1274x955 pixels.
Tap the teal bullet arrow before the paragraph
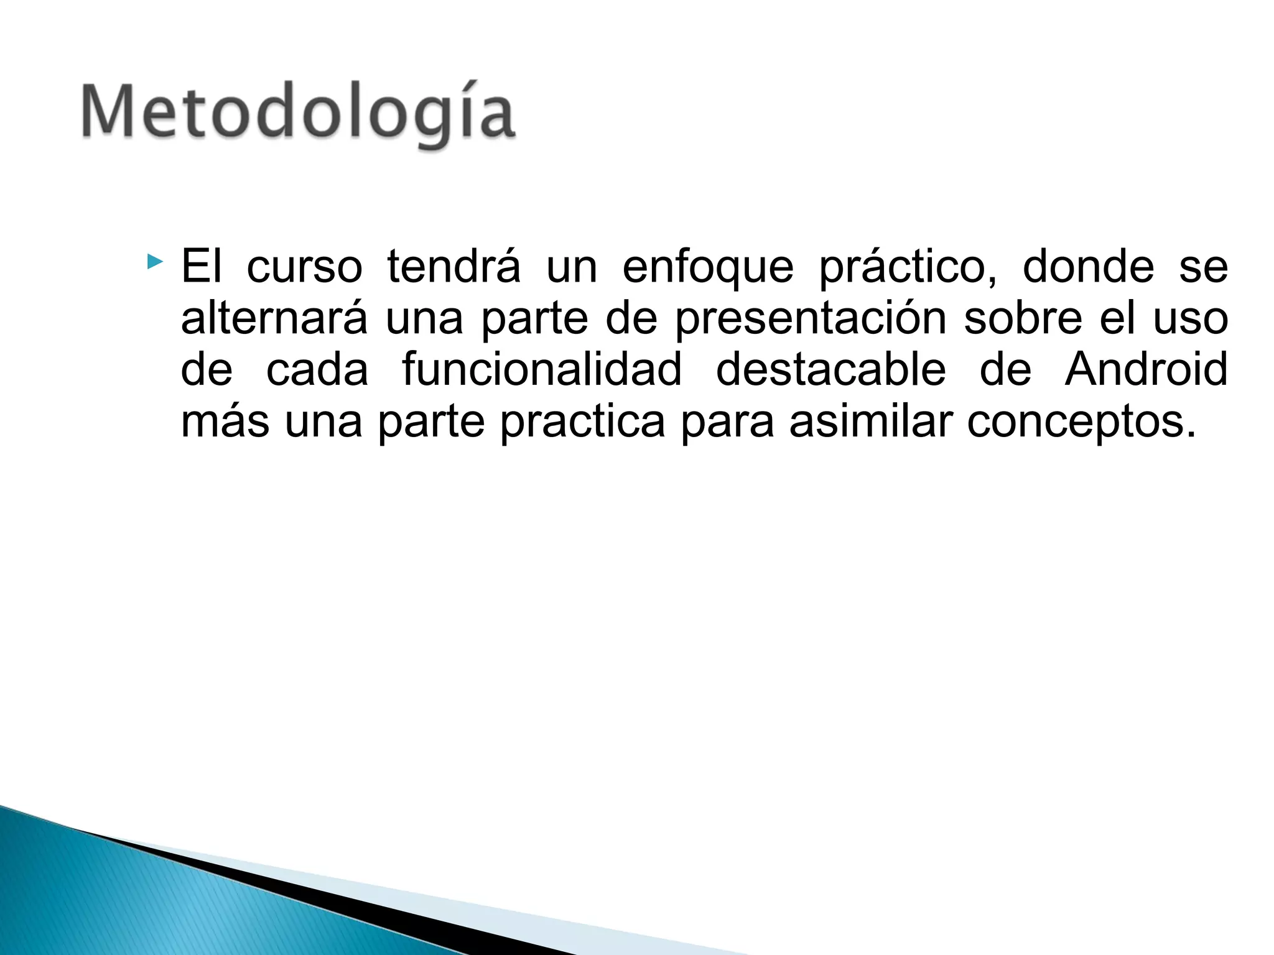coord(155,261)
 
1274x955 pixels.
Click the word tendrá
coord(453,266)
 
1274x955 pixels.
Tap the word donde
coord(1088,266)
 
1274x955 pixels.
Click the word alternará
coord(274,318)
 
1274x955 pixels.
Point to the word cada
coord(317,369)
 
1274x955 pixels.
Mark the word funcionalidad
coord(542,369)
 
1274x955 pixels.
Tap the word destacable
coord(830,369)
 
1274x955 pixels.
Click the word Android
coord(1146,369)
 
